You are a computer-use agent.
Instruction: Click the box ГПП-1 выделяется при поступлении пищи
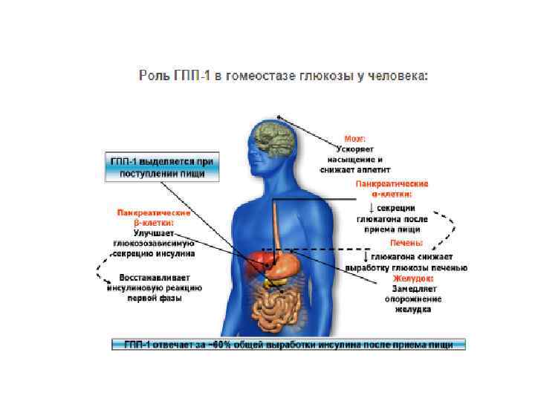(161, 166)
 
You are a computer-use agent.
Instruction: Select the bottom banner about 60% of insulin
(288, 344)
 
